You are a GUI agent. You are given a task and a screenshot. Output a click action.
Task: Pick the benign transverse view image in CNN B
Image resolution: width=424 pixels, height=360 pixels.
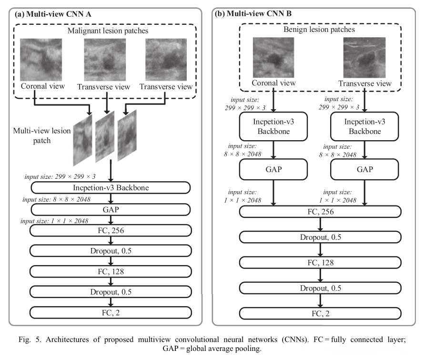click(364, 58)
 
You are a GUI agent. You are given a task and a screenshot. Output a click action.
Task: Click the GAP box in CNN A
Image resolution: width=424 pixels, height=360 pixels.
click(111, 209)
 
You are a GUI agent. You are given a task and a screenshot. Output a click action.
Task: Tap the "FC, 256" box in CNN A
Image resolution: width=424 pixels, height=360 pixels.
click(111, 231)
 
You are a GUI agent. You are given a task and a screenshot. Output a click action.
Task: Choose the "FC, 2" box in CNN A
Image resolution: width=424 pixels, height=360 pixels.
click(111, 312)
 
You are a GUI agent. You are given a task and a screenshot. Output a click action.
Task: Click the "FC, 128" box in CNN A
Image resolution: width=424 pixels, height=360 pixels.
click(111, 271)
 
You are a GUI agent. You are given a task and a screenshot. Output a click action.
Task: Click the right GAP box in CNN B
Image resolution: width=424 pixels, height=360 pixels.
click(364, 169)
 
